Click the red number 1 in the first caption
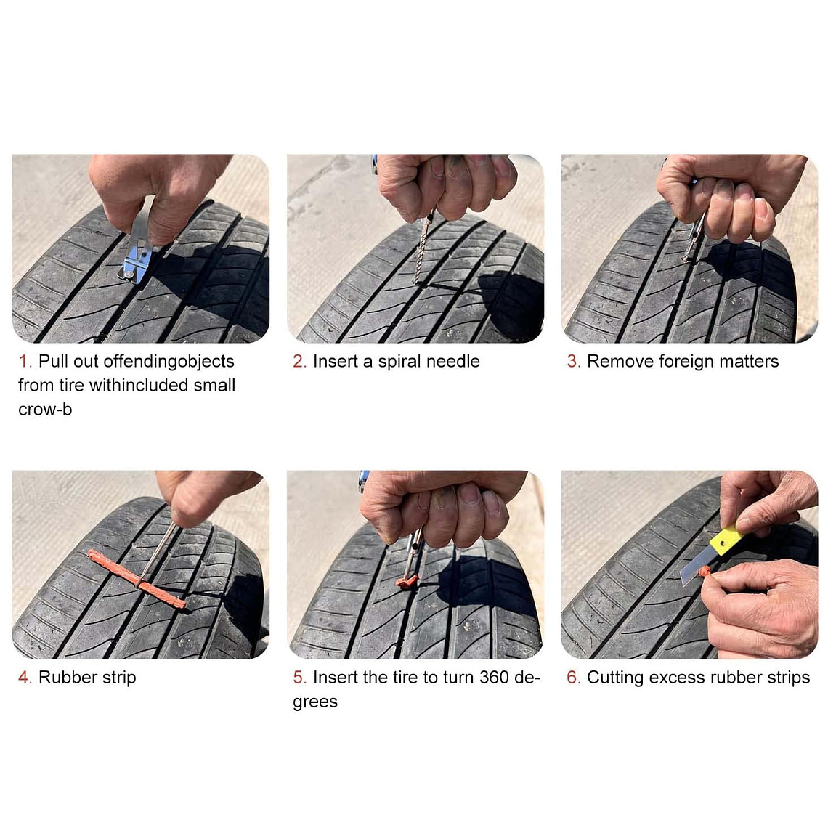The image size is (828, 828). pos(23,361)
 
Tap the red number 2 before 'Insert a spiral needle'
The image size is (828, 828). pos(298,361)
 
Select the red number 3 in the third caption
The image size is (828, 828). pos(572,361)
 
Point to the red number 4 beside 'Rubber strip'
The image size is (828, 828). pos(24,677)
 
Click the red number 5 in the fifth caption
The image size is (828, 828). pos(298,677)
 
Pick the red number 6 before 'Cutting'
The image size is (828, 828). pos(572,677)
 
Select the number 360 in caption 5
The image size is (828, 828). pos(494,677)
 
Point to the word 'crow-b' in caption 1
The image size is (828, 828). pos(45,410)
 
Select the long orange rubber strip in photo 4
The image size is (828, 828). pos(137,579)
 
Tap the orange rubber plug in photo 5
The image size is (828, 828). pos(407,581)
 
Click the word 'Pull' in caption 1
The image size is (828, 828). pos(53,361)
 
